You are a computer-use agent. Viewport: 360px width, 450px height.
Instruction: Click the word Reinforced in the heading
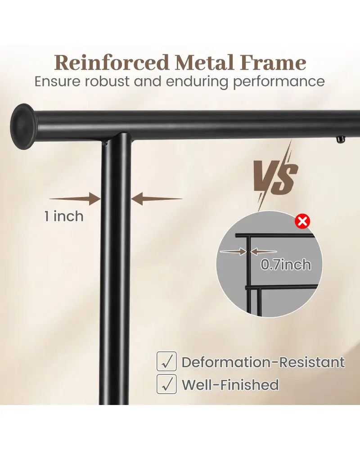[x=112, y=62]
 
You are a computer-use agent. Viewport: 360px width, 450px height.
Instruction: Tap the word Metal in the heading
[x=204, y=62]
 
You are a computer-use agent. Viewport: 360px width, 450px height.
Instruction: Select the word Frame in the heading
[x=274, y=62]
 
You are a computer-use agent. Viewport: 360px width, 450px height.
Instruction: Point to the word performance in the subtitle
[x=279, y=82]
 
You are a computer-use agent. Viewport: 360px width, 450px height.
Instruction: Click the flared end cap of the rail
[x=22, y=126]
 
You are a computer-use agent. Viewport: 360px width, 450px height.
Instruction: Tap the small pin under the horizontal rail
[x=340, y=140]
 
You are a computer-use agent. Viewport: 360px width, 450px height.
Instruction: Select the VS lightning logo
[x=275, y=175]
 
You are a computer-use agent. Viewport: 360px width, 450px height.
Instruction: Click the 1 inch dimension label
[x=64, y=216]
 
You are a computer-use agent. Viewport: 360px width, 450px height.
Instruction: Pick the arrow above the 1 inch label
[x=75, y=198]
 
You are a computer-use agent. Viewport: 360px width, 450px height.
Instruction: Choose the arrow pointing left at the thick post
[x=157, y=198]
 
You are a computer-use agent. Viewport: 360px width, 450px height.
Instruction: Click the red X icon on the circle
[x=303, y=221]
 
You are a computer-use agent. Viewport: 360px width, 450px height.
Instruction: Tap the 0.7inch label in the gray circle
[x=286, y=264]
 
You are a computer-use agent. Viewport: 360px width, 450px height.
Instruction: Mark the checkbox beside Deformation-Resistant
[x=166, y=361]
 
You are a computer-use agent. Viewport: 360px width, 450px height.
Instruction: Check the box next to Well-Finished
[x=166, y=384]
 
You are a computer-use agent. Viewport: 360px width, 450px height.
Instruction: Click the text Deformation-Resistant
[x=263, y=362]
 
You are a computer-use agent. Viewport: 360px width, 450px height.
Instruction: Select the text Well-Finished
[x=230, y=385]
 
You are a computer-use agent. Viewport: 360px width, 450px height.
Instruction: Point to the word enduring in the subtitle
[x=198, y=82]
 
